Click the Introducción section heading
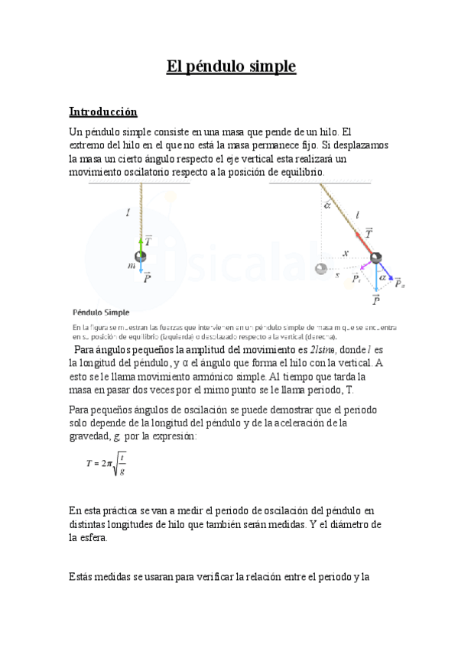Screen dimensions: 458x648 (x=102, y=111)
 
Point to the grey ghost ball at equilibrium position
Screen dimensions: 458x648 (x=321, y=268)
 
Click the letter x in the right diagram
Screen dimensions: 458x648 (x=345, y=253)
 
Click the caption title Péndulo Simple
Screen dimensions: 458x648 (x=101, y=312)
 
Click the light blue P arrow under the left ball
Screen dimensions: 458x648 (x=141, y=271)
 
